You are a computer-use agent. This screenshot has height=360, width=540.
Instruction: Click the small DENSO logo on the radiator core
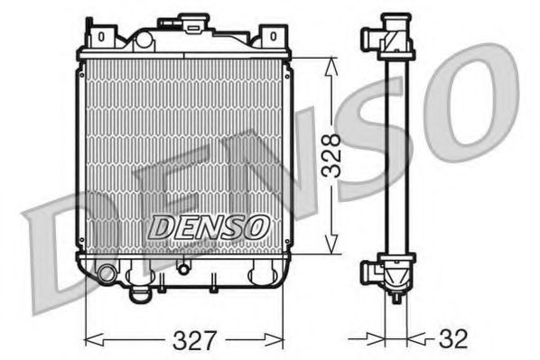click(207, 227)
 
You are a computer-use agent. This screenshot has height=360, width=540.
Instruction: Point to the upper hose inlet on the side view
click(370, 38)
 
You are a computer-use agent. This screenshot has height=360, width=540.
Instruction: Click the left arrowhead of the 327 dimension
click(88, 340)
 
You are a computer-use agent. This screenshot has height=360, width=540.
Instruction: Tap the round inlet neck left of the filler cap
click(144, 38)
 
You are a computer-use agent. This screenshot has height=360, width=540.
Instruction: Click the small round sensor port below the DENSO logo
click(184, 266)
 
